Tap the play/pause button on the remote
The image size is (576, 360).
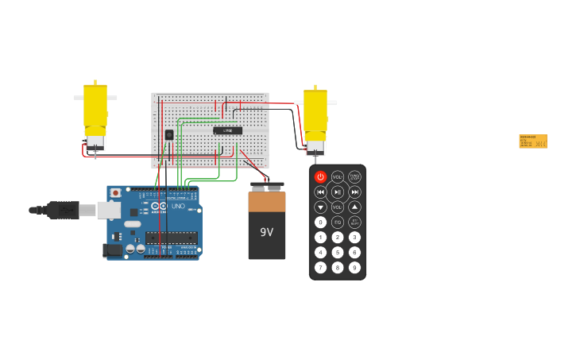click(x=338, y=192)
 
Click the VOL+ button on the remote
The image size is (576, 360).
click(x=338, y=177)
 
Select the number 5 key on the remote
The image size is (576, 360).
click(x=338, y=252)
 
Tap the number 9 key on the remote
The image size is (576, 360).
click(x=354, y=267)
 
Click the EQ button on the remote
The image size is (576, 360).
click(x=338, y=222)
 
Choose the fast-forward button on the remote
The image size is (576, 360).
click(x=354, y=192)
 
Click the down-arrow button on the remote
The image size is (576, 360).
click(x=320, y=207)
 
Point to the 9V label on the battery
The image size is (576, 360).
click(x=266, y=232)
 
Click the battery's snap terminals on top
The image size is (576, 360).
click(x=266, y=188)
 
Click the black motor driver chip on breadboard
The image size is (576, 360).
click(x=227, y=130)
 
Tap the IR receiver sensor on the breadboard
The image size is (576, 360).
click(x=169, y=134)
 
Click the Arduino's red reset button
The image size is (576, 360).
click(x=116, y=192)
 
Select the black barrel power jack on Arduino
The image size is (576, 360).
click(x=112, y=250)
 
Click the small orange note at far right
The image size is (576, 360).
click(x=532, y=141)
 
